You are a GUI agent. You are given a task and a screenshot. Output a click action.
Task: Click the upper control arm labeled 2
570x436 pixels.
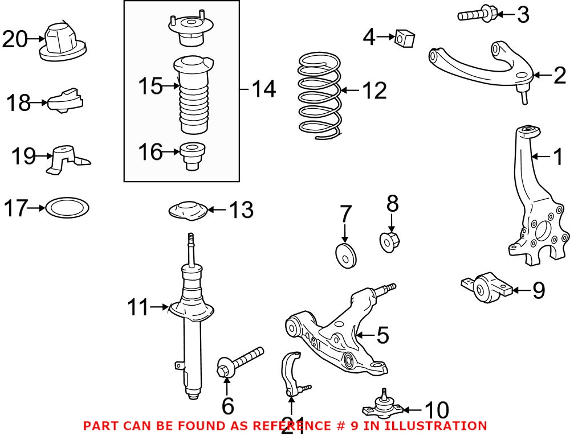point(484,68)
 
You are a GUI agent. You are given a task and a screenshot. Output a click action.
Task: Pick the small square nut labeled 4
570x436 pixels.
point(406,39)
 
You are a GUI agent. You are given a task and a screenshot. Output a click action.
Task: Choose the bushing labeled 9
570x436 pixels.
point(488,288)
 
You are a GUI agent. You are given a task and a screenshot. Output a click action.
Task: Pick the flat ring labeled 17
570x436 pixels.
point(67,208)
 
